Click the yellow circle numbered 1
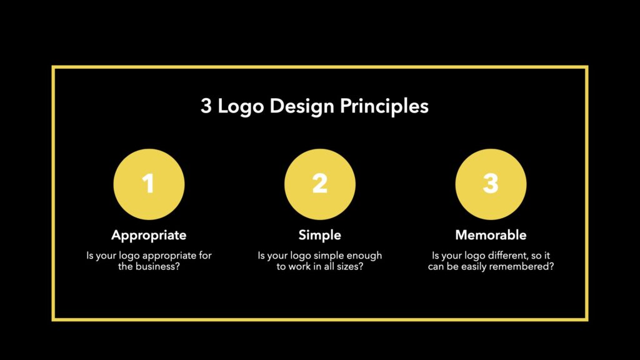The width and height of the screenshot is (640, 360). point(149,184)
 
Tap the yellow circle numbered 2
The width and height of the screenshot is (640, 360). point(320,184)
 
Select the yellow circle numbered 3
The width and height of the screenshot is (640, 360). point(491,184)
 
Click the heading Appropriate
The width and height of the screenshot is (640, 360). point(149,235)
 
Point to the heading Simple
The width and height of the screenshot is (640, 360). point(319,235)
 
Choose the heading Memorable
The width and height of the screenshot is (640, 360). point(491,235)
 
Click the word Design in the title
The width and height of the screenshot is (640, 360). point(302,106)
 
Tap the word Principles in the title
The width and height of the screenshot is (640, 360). point(384,106)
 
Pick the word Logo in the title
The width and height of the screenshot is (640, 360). point(241,106)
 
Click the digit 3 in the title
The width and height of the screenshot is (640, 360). point(206,106)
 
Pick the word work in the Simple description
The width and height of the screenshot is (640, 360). point(299,266)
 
